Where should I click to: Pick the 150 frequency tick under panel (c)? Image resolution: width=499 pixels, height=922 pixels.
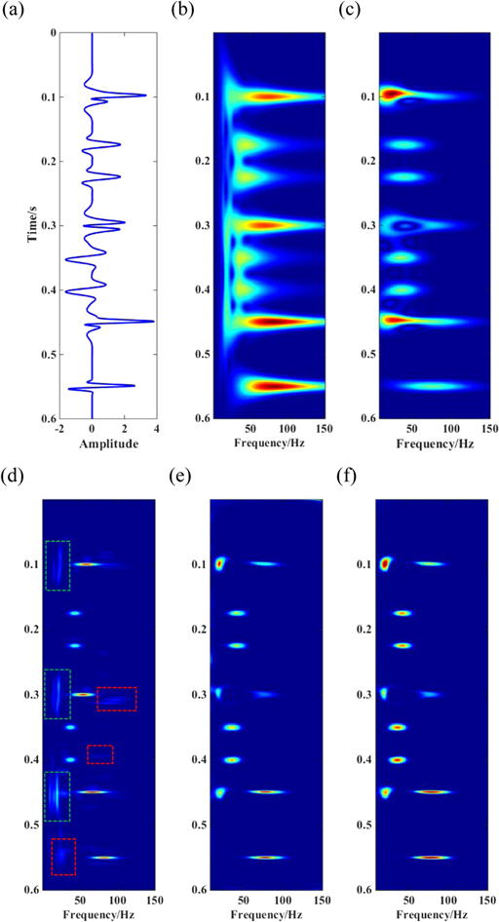pos(483,427)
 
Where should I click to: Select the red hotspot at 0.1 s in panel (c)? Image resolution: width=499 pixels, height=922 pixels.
pos(390,95)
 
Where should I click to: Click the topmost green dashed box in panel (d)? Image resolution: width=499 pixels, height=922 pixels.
pos(58,565)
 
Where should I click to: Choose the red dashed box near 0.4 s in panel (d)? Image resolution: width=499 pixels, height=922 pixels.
pos(99,753)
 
